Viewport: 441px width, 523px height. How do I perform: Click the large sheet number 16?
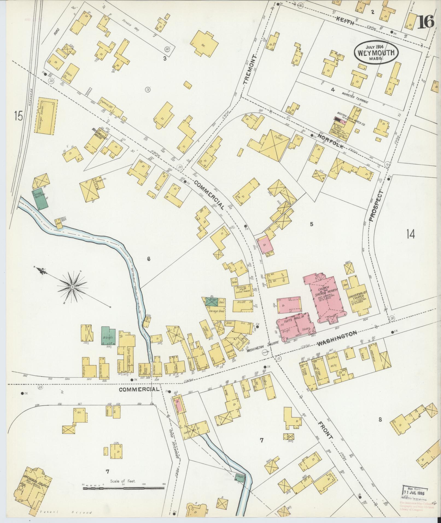pos(425,22)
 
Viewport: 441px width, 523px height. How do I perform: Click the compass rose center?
pos(72,287)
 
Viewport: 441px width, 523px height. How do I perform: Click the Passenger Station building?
pos(45,115)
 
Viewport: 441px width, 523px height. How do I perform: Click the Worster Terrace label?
pos(355,98)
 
